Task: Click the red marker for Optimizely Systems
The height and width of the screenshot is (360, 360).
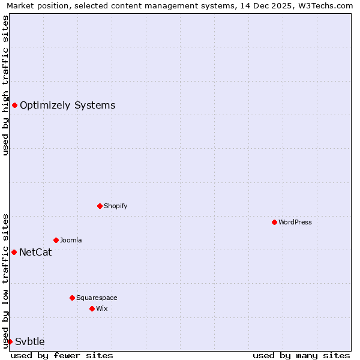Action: point(14,106)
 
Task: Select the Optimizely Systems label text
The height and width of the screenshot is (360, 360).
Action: point(67,106)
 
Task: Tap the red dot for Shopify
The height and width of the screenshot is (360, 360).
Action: point(100,206)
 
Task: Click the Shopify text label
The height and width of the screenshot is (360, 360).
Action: point(115,206)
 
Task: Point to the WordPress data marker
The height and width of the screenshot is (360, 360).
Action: point(274,222)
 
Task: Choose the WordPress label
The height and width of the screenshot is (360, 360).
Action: point(295,222)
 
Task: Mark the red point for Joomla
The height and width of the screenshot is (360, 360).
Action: point(56,240)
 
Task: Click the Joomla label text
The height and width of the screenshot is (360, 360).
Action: point(71,240)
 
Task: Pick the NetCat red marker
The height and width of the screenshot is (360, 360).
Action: point(14,252)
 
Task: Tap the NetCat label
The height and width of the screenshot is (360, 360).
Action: point(35,252)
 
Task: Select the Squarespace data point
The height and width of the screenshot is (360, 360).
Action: point(72,298)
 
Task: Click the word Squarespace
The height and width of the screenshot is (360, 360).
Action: point(97,298)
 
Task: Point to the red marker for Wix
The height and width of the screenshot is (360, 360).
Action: point(92,308)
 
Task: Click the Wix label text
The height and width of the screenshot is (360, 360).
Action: point(101,308)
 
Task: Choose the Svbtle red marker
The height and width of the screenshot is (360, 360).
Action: point(10,341)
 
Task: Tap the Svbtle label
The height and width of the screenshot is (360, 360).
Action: point(30,341)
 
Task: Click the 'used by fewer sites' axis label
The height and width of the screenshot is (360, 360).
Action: point(62,355)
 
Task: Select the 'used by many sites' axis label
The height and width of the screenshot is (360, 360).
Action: point(301,355)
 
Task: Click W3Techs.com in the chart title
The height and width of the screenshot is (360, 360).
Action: point(329,5)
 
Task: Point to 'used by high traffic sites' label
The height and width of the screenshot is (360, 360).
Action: point(5,85)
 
